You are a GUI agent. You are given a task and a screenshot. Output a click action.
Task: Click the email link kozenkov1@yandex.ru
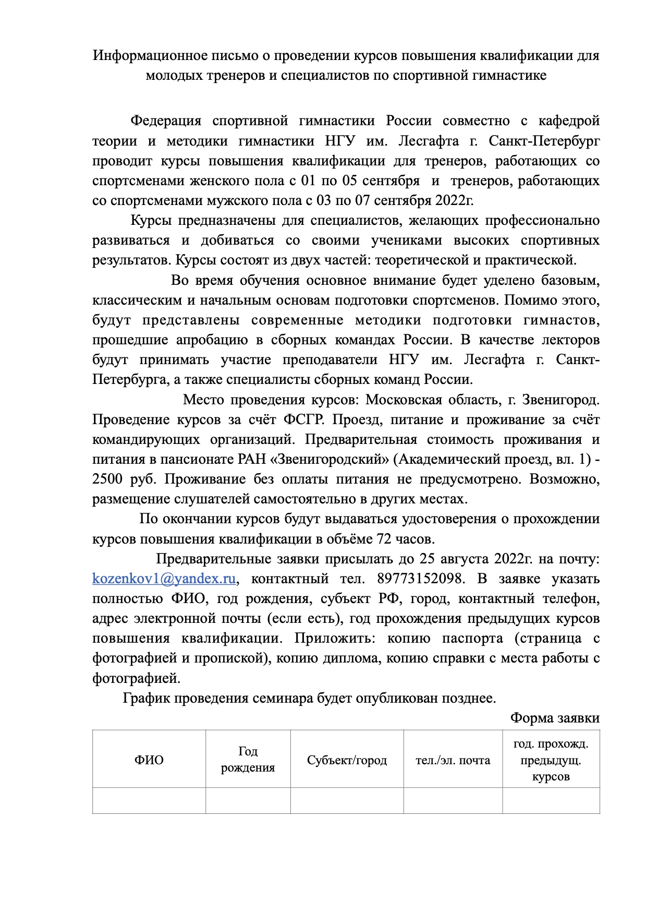164,579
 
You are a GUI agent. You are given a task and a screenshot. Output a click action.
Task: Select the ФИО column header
149,760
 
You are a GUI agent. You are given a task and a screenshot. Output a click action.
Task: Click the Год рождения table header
248,760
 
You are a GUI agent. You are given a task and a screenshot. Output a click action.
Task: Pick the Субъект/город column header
347,760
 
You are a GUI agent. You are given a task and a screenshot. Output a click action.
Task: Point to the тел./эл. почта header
453,760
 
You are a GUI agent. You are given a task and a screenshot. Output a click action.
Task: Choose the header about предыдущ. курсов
551,760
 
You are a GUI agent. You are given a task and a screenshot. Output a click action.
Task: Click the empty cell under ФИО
149,800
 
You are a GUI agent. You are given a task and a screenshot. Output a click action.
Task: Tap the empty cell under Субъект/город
347,800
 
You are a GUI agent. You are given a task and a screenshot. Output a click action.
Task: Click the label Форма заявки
555,718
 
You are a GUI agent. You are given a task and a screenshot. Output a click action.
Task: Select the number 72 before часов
384,538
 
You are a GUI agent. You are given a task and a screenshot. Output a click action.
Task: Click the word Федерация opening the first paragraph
165,121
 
